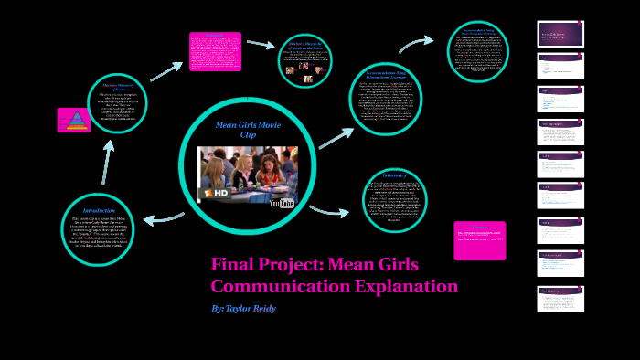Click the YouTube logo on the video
coord(282,203)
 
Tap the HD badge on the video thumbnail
coord(219,194)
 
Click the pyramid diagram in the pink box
coord(72,120)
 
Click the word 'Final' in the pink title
coord(235,265)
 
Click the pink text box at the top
coord(215,51)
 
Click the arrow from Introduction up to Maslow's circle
coord(108,163)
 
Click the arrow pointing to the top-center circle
coord(261,43)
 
